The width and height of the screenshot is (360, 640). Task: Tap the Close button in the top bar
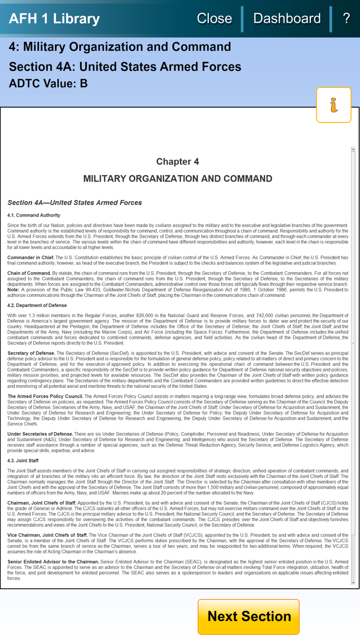(214, 19)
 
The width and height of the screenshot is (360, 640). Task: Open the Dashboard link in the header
(286, 19)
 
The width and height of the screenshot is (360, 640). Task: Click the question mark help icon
(346, 19)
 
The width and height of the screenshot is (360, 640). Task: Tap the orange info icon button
(334, 105)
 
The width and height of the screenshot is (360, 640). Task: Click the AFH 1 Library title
(54, 19)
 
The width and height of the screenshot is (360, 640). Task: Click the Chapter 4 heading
(177, 162)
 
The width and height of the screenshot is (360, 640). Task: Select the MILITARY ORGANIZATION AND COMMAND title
(177, 179)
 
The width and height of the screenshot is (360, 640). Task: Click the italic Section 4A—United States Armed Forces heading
(75, 203)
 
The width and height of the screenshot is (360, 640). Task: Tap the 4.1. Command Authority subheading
(34, 215)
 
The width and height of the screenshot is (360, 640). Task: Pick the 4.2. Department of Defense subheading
(37, 306)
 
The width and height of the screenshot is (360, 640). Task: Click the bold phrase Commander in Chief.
(31, 257)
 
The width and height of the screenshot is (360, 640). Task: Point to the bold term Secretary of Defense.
(31, 353)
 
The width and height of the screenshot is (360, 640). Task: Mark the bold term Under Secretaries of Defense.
(40, 434)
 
